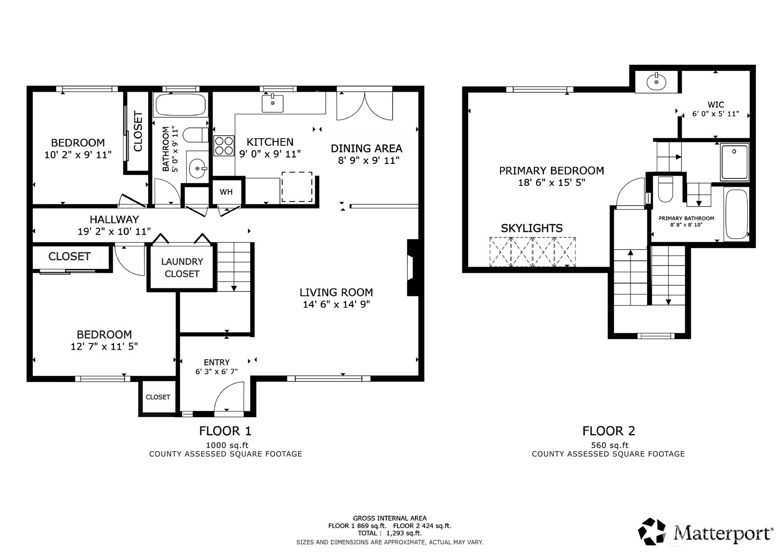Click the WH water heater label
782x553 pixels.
(226, 192)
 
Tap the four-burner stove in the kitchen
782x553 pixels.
(224, 146)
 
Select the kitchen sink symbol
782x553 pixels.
(273, 103)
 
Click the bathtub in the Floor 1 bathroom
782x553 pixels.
(180, 105)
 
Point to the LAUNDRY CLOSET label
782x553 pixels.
(182, 267)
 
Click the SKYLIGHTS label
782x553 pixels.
(532, 228)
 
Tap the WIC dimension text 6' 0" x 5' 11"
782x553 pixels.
(716, 114)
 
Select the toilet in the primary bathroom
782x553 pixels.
(665, 190)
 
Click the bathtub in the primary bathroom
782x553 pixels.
(736, 214)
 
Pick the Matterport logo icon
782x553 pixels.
(652, 531)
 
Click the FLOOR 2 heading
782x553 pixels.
(609, 431)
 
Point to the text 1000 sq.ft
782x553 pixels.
(227, 445)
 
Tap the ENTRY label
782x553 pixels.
(217, 362)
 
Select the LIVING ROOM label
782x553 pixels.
(336, 292)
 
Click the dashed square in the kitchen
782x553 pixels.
(297, 187)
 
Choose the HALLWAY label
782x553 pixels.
(114, 219)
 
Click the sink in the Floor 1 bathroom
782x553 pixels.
(198, 168)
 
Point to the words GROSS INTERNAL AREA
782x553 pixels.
(390, 518)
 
